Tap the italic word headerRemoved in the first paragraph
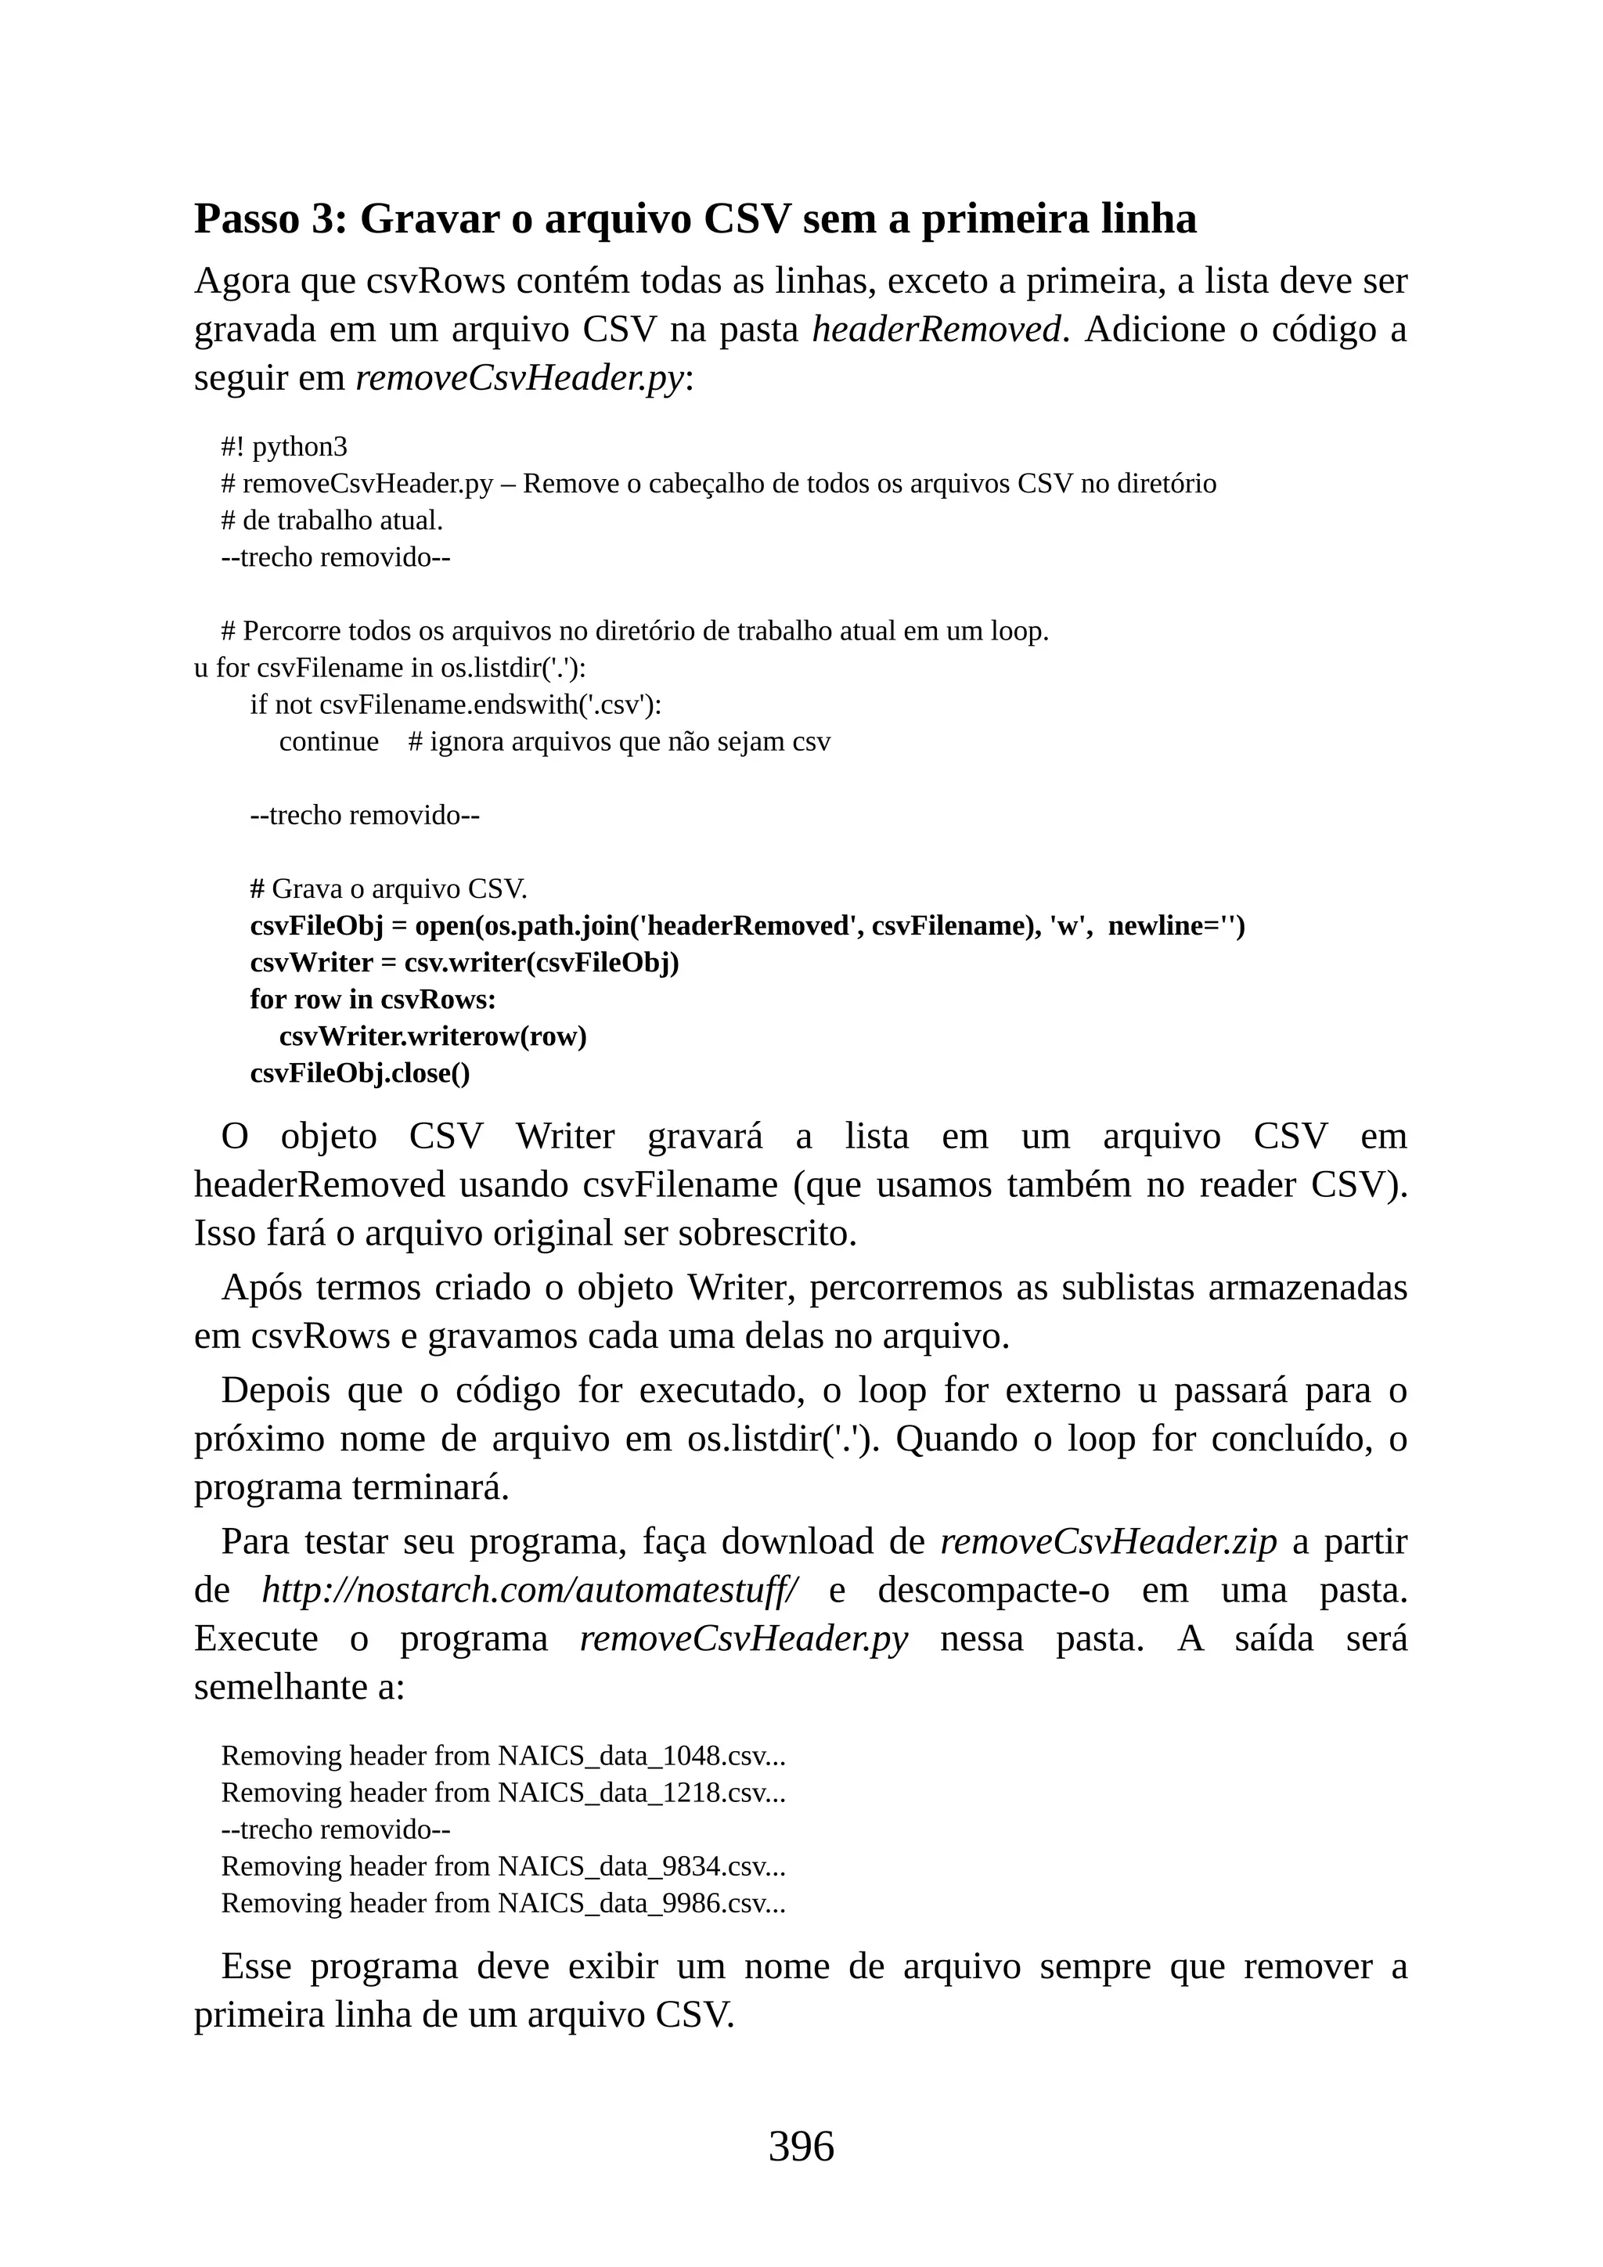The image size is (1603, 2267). pyautogui.click(x=936, y=329)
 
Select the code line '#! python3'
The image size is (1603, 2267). pyautogui.click(x=284, y=447)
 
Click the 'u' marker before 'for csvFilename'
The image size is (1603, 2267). pyautogui.click(x=200, y=669)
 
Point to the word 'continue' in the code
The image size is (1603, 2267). pyautogui.click(x=329, y=741)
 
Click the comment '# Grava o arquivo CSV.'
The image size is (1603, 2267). pyautogui.click(x=388, y=888)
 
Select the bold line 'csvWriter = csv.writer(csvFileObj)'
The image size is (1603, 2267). pyautogui.click(x=464, y=963)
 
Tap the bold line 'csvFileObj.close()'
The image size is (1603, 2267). pyautogui.click(x=359, y=1073)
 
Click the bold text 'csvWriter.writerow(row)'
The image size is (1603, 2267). pyautogui.click(x=432, y=1036)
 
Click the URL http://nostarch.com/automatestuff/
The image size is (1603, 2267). pyautogui.click(x=530, y=1590)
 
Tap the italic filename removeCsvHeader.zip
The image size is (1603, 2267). pyautogui.click(x=1108, y=1541)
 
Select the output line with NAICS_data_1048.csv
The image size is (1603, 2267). pyautogui.click(x=503, y=1756)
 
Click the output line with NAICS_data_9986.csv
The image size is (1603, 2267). pyautogui.click(x=503, y=1903)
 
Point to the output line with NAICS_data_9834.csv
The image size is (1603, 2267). pyautogui.click(x=503, y=1866)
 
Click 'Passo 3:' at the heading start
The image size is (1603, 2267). pyautogui.click(x=271, y=218)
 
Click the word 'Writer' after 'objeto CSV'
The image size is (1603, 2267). pyautogui.click(x=564, y=1137)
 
